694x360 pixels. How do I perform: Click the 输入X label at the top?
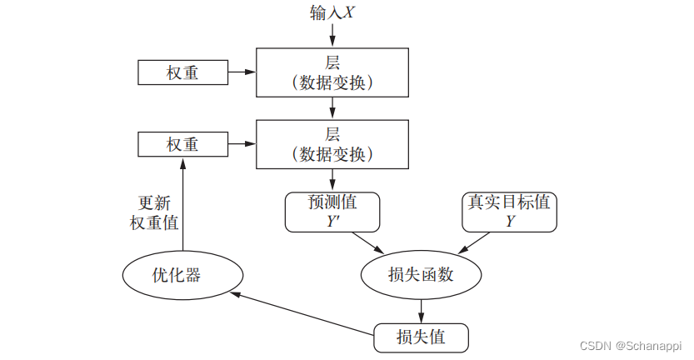332,13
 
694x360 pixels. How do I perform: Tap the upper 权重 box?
182,73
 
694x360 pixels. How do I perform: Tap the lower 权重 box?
182,144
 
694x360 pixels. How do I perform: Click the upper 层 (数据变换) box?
332,72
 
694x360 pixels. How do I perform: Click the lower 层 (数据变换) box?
332,144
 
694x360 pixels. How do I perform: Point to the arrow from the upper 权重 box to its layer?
241,73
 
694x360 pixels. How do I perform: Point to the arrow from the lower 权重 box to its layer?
241,144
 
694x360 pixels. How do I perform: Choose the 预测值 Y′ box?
332,212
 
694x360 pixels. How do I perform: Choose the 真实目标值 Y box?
509,212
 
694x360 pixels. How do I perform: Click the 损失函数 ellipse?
422,274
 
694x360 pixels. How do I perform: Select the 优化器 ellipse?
182,274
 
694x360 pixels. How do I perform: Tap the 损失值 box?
422,337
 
